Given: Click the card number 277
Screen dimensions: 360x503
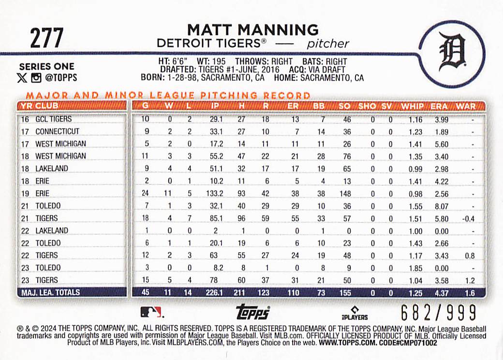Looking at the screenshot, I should pyautogui.click(x=46, y=38).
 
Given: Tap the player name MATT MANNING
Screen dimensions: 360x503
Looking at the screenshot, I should pyautogui.click(x=253, y=29).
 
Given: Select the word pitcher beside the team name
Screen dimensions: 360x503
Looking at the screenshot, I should pyautogui.click(x=328, y=43).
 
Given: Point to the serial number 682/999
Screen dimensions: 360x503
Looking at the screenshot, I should pyautogui.click(x=439, y=312).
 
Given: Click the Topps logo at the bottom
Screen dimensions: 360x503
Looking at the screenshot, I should pyautogui.click(x=252, y=313).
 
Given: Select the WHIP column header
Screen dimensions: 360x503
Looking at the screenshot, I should pyautogui.click(x=412, y=106).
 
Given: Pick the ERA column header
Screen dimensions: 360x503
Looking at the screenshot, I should pyautogui.click(x=439, y=106).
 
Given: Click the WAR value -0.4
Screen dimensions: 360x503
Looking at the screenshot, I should pyautogui.click(x=468, y=219).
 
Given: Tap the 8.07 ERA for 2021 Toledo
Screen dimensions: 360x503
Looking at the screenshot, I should pyautogui.click(x=441, y=206).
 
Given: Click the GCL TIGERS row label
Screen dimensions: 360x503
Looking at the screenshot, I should pyautogui.click(x=53, y=119).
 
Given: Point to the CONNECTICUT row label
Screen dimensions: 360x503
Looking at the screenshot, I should pyautogui.click(x=57, y=131).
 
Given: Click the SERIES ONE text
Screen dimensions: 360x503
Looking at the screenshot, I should pyautogui.click(x=46, y=66).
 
